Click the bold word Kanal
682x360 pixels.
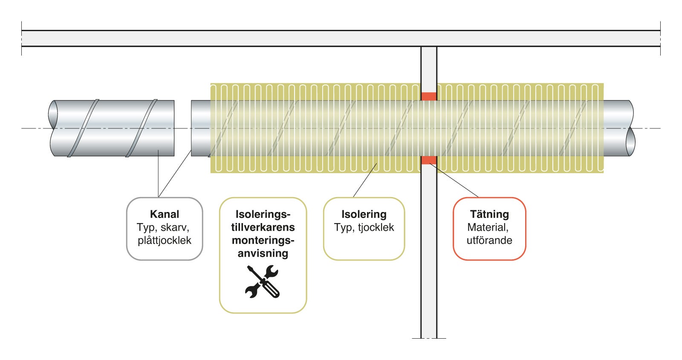165,214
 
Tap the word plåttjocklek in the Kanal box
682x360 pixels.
165,240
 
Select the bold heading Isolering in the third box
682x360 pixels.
364,215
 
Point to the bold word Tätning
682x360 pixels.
489,214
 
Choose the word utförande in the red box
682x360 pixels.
489,240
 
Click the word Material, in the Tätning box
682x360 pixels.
488,227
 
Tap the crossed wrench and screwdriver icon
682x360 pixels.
262,281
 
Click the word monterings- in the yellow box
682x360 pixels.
263,240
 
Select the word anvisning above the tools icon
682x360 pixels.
263,253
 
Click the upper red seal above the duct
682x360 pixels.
429,96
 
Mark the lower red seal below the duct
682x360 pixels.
429,160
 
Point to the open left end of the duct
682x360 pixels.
53,128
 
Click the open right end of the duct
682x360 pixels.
630,128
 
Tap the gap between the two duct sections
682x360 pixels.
183,128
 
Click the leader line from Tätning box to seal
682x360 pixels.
454,180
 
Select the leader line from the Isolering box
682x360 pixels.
365,180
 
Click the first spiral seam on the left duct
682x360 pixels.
83,128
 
